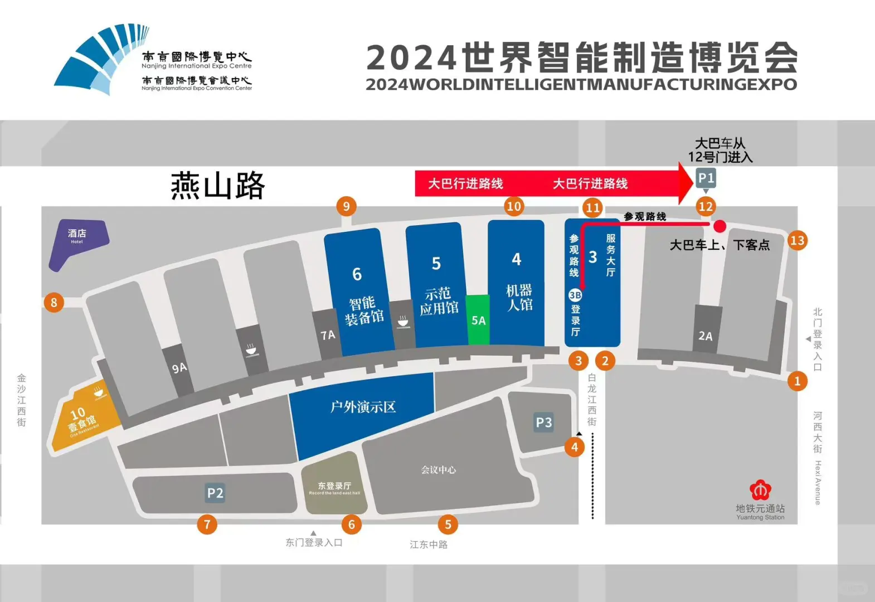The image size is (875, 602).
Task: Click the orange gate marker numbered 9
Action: [346, 207]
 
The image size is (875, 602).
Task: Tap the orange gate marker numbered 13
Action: [798, 240]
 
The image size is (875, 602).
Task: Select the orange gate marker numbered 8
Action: [54, 303]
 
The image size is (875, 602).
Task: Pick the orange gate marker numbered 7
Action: [207, 524]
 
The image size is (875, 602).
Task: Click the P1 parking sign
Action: [706, 178]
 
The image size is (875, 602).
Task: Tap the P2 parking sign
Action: [215, 493]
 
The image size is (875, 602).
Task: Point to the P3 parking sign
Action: [543, 423]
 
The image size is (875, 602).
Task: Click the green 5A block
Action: [478, 319]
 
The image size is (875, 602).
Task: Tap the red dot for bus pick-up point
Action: [720, 226]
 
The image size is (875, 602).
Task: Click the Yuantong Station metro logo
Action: [760, 490]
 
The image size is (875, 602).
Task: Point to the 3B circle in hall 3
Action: [575, 295]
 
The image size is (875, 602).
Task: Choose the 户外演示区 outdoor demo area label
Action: [363, 407]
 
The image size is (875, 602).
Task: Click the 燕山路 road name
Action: [217, 186]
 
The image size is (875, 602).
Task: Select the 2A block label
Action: [706, 336]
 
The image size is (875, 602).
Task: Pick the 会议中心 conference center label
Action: [438, 470]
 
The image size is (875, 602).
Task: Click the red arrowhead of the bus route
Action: [686, 183]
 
